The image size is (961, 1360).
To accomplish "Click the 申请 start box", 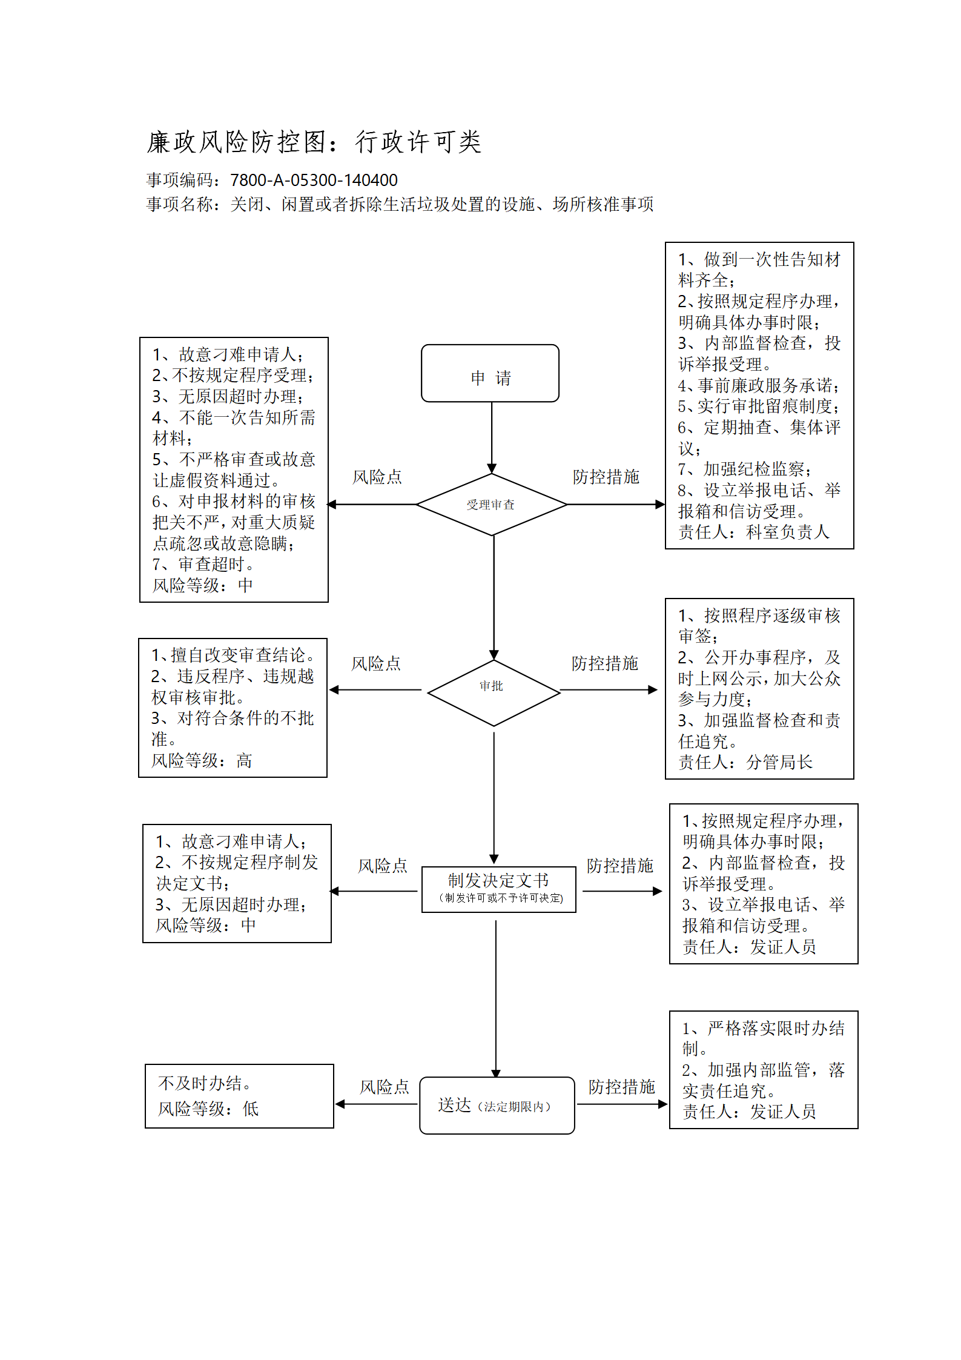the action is click(490, 373).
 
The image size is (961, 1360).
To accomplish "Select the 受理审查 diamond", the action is click(492, 505).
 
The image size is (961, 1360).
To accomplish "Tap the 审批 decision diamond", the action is click(494, 692).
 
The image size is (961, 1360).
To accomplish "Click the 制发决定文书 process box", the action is click(498, 889).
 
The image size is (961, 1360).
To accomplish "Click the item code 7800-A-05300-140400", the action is click(314, 180).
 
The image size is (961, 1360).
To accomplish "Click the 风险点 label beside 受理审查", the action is click(377, 477).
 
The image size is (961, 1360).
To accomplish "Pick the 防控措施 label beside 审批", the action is click(604, 663).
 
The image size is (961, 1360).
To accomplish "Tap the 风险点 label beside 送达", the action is click(384, 1087).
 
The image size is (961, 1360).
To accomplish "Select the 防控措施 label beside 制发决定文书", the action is click(619, 866).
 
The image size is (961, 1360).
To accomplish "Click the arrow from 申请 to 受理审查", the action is click(492, 437).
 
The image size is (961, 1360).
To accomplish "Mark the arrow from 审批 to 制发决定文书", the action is click(494, 798).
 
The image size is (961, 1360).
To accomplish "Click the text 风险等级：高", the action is click(202, 760).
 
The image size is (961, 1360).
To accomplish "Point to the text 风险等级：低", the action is click(208, 1109).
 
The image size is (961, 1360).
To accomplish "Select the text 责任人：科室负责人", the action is click(753, 532).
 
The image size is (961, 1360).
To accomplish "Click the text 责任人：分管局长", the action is click(745, 762).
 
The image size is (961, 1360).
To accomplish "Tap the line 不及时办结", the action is click(205, 1083).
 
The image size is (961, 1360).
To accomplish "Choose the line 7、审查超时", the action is click(203, 564).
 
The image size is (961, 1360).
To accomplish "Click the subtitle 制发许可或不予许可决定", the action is click(501, 898).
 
